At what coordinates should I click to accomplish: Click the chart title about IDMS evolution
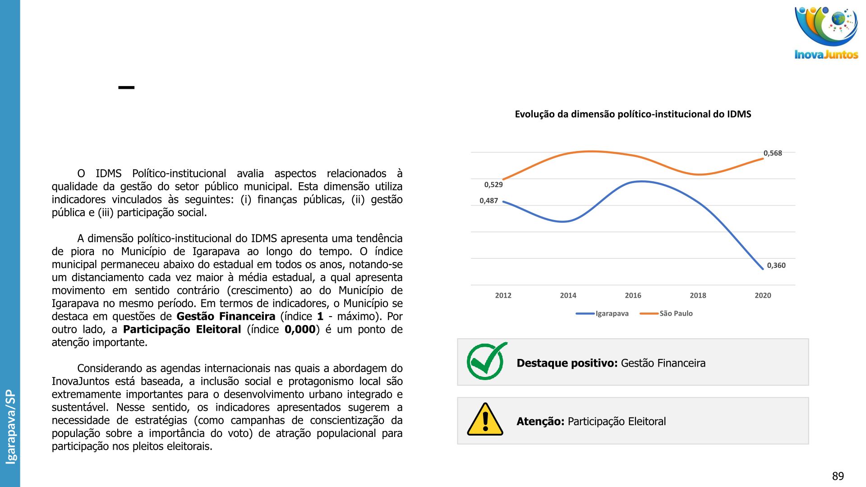coord(633,114)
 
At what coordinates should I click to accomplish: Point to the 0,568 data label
coord(773,153)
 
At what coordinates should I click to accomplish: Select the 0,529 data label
coord(493,184)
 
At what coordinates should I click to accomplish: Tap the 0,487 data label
coord(488,201)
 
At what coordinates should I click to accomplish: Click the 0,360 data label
coord(776,266)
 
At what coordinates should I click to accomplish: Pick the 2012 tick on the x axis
coord(503,295)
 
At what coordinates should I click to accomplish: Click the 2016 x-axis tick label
coord(633,295)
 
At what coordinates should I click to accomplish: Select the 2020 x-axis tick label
coord(763,295)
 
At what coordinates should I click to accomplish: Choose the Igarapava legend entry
coord(603,313)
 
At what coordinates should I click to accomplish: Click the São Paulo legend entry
coord(667,313)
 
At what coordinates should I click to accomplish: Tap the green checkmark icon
coord(486,361)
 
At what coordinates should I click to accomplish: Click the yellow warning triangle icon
coord(485,420)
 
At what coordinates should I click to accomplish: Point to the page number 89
coord(838,476)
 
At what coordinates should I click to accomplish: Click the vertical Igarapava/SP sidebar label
coord(10,427)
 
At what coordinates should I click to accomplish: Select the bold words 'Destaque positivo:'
coord(567,363)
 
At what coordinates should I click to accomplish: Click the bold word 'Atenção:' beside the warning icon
coord(540,422)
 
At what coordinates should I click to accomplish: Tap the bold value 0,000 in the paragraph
coord(300,330)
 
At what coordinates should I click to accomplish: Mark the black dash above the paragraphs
coord(126,87)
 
